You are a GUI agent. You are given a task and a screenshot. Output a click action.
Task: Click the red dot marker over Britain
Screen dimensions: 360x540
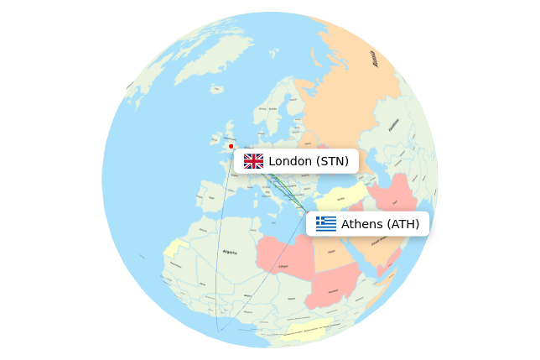(x=231, y=146)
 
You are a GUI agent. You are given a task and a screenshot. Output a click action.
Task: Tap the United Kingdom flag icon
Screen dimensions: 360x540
(x=253, y=161)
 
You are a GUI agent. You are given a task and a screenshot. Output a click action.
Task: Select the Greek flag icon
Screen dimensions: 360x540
(x=326, y=223)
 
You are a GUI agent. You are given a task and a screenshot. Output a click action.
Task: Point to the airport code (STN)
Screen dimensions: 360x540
(x=331, y=161)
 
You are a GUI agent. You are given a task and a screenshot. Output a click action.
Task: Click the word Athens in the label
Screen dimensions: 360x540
(x=361, y=224)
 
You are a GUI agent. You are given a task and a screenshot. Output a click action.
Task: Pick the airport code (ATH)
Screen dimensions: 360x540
(x=402, y=224)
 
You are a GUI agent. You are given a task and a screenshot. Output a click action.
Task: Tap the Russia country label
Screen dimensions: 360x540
(x=375, y=59)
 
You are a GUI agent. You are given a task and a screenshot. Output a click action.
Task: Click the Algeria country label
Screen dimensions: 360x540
(x=229, y=252)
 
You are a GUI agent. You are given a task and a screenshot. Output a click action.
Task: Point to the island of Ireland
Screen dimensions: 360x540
(x=215, y=143)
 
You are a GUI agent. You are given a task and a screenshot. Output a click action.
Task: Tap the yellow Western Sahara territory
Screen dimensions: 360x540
(x=174, y=248)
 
